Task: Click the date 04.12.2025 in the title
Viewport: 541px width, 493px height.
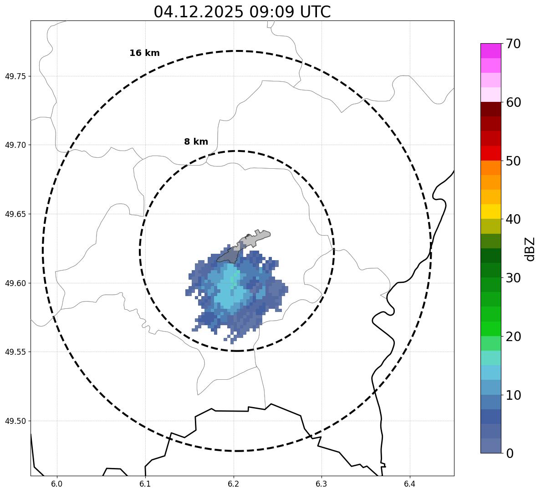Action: (x=198, y=12)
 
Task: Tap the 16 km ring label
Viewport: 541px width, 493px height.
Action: (x=144, y=53)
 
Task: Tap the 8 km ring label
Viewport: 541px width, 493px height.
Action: (x=196, y=142)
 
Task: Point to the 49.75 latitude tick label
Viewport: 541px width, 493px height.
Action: (x=15, y=76)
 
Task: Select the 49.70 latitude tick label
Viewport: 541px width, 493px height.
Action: (x=15, y=145)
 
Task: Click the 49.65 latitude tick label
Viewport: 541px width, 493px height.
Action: (x=15, y=214)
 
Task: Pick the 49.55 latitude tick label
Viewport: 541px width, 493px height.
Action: (x=15, y=352)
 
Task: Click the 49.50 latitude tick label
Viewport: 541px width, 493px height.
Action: (x=15, y=421)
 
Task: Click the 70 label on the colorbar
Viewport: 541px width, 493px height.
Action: (x=513, y=44)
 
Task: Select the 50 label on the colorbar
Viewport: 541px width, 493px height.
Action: (x=513, y=161)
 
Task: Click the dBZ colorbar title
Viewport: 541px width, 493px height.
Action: (x=530, y=249)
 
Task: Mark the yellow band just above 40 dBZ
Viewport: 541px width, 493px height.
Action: (x=490, y=211)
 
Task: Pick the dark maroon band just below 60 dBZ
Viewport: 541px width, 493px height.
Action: (x=490, y=109)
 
